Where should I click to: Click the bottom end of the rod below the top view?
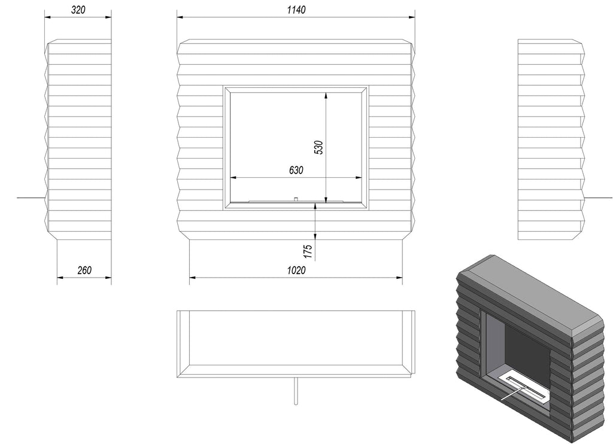pyautogui.click(x=296, y=403)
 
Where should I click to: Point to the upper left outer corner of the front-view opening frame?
pyautogui.click(x=224, y=86)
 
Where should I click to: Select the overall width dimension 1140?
pyautogui.click(x=296, y=10)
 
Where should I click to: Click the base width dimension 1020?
pyautogui.click(x=296, y=270)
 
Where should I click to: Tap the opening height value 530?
pyautogui.click(x=319, y=147)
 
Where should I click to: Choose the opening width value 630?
pyautogui.click(x=296, y=170)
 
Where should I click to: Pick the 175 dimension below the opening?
pyautogui.click(x=308, y=251)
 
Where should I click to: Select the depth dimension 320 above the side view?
pyautogui.click(x=78, y=10)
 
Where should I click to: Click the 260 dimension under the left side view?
pyautogui.click(x=84, y=270)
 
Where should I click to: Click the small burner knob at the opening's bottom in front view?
pyautogui.click(x=296, y=199)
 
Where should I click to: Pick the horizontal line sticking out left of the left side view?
pyautogui.click(x=31, y=198)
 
